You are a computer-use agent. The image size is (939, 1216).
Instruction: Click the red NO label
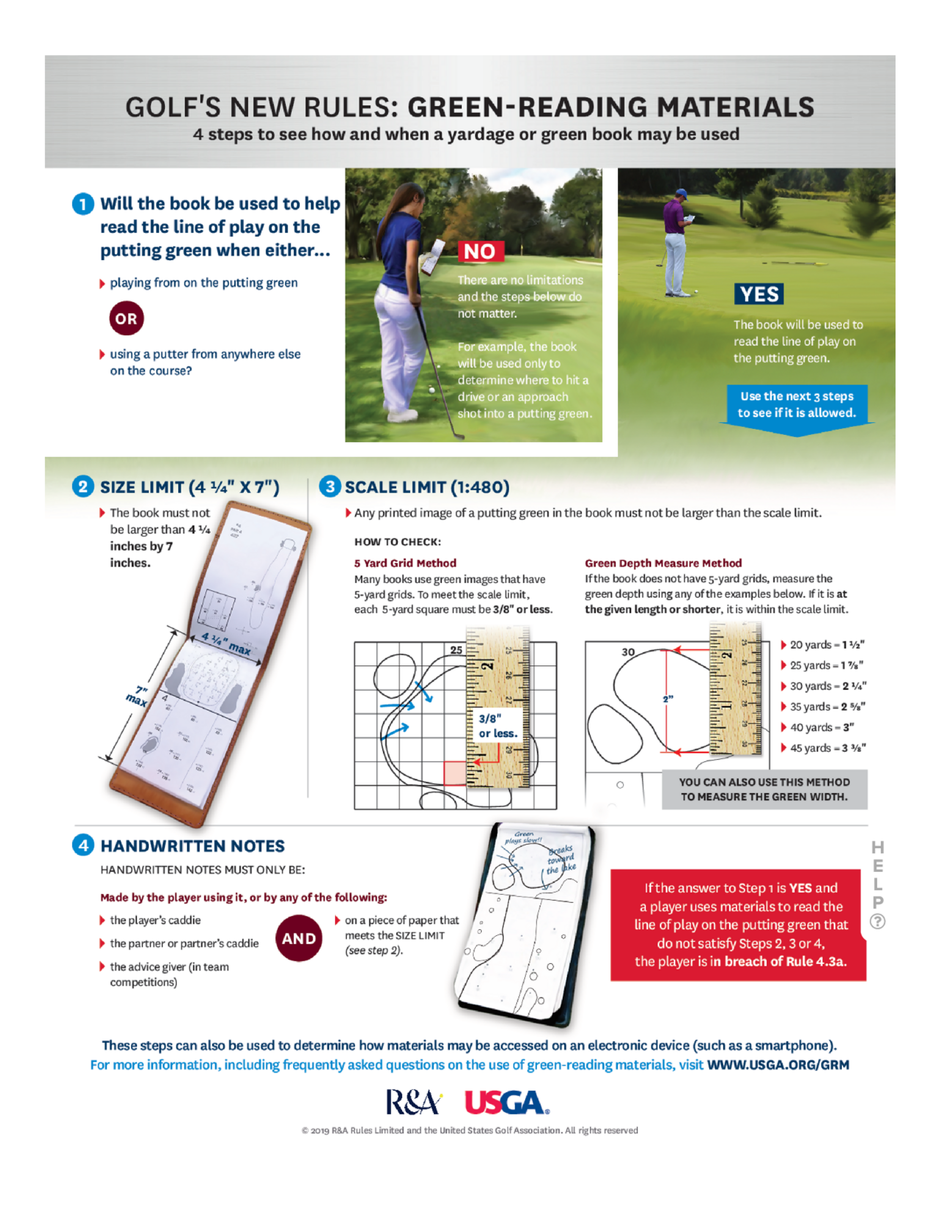point(481,252)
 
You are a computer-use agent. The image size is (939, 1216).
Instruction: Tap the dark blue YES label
point(759,294)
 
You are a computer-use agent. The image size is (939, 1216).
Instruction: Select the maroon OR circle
point(126,319)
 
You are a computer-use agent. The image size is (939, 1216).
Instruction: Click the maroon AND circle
point(299,938)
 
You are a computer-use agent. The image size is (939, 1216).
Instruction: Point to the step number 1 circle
point(83,204)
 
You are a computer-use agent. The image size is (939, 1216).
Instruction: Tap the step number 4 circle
point(83,845)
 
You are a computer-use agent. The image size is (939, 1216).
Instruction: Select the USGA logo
point(507,1102)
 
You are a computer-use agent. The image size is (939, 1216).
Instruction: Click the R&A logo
point(413,1102)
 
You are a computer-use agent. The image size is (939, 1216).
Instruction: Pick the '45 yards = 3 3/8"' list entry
point(827,748)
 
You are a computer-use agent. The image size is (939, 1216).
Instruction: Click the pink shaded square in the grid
point(454,773)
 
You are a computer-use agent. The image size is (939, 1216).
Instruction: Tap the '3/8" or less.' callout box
point(498,726)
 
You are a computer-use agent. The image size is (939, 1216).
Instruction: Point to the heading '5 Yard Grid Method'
point(405,563)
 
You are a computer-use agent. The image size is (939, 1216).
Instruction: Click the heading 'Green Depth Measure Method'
point(663,563)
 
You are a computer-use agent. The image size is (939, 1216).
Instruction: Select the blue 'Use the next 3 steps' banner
point(797,405)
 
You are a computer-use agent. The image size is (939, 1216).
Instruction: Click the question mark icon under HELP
point(877,921)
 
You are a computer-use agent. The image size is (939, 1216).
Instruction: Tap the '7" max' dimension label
point(137,696)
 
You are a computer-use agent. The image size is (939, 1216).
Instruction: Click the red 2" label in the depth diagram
point(668,699)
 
